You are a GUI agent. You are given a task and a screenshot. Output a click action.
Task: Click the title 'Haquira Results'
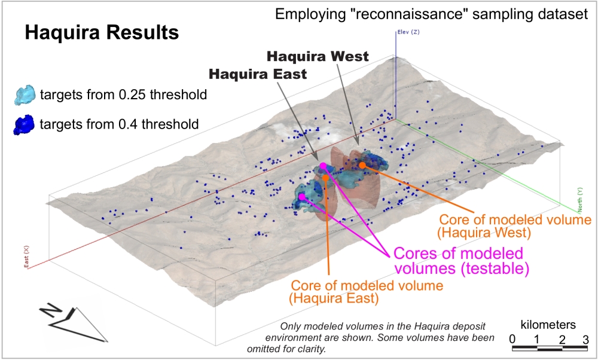(102, 32)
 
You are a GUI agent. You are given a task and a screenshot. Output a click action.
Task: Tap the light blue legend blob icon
(25, 94)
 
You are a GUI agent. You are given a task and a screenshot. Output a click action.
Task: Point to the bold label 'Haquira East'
(258, 74)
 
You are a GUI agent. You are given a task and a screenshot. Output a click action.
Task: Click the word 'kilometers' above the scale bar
(548, 325)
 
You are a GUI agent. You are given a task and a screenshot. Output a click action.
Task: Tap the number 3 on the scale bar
(586, 340)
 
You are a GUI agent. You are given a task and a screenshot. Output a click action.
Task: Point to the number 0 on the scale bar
(512, 340)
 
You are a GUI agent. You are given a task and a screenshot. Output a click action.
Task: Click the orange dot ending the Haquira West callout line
(362, 164)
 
